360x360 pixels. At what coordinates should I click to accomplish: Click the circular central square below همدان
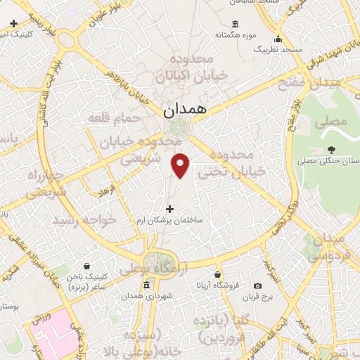pos(176,127)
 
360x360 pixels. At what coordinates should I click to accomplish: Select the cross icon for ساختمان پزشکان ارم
pos(169,209)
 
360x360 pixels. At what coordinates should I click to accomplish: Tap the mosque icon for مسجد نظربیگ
pos(279,39)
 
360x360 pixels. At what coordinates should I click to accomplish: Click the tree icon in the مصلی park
pos(331,149)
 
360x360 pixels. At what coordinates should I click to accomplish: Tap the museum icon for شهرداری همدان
pos(146,285)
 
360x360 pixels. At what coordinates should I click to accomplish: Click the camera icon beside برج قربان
pos(257,285)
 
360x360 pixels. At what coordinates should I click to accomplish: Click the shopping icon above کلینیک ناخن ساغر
pos(86,266)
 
